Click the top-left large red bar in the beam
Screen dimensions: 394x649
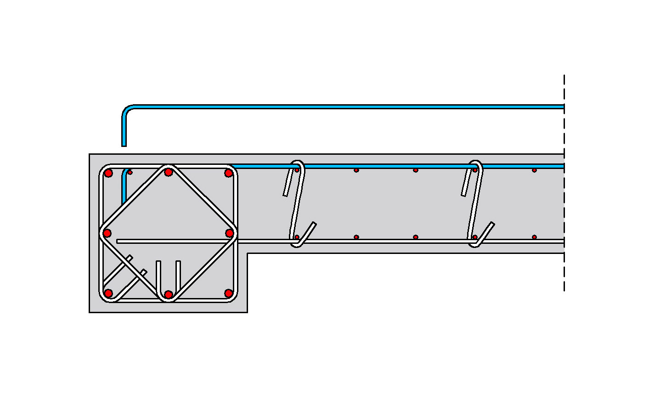(108, 173)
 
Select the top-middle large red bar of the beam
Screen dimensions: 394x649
(169, 172)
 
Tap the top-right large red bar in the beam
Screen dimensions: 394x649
(228, 173)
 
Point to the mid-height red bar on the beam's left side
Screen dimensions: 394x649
(107, 233)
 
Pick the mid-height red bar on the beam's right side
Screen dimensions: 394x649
(230, 233)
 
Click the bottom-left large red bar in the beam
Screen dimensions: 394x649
(108, 293)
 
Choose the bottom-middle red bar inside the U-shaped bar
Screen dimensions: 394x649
(169, 294)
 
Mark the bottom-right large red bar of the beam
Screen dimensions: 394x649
(228, 293)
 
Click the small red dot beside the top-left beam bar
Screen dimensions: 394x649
(130, 172)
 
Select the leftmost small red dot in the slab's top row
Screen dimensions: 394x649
(297, 170)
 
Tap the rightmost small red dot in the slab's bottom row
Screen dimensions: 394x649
(534, 237)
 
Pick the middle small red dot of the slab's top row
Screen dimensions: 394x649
(416, 170)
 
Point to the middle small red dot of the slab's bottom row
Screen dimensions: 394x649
(416, 237)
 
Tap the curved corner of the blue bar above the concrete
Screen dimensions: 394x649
(127, 110)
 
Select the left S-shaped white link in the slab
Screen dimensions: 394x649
(298, 202)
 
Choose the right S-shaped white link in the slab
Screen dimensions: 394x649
(476, 202)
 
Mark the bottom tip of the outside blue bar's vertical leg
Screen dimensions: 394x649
(124, 145)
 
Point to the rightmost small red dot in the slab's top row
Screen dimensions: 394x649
(534, 170)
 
